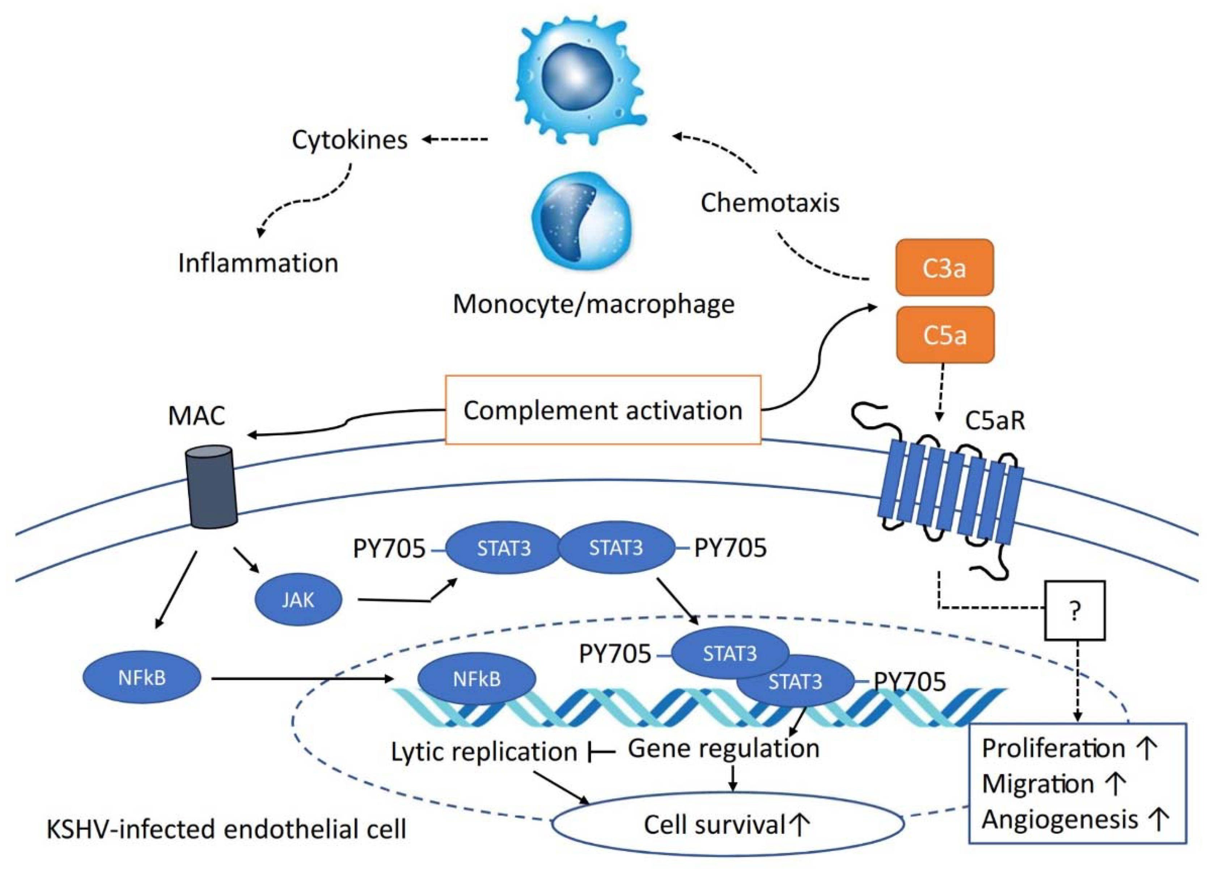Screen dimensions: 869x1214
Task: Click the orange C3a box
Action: point(944,267)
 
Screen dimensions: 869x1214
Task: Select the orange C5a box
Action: point(945,335)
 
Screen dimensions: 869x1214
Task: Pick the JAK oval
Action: point(298,600)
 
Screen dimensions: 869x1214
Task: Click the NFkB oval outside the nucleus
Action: point(142,678)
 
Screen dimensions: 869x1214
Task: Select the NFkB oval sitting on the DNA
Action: point(476,679)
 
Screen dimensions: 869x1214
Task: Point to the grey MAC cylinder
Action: point(211,487)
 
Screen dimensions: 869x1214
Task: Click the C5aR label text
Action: point(995,421)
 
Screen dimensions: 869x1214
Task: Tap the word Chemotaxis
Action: point(769,203)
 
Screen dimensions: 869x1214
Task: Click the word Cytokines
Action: point(350,140)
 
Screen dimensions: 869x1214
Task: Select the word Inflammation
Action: point(258,263)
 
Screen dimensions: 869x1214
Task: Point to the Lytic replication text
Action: point(484,752)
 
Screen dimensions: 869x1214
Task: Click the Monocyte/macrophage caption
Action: point(593,304)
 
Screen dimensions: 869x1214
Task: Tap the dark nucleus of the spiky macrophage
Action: point(575,75)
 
